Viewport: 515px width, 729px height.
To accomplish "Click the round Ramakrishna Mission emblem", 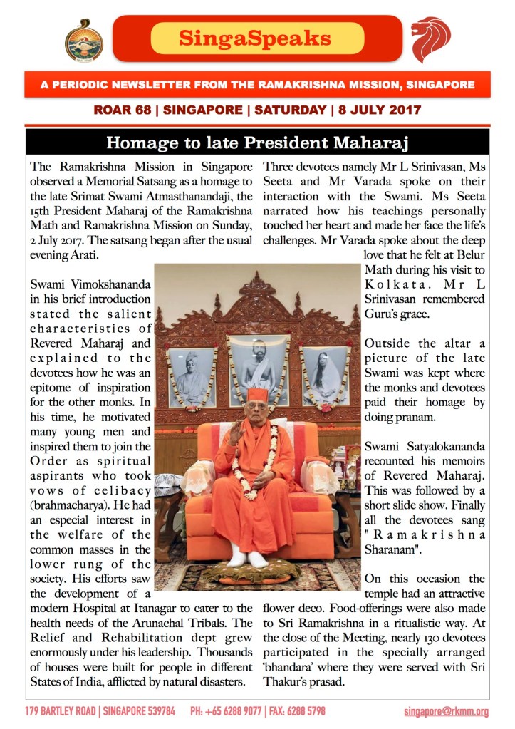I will coord(83,40).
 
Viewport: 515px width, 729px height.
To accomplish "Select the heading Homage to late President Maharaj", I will coord(256,143).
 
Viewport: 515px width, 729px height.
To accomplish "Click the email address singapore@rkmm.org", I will coord(446,712).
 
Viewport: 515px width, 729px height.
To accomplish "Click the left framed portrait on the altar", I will coord(191,376).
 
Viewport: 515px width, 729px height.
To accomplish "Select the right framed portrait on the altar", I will coord(325,376).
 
